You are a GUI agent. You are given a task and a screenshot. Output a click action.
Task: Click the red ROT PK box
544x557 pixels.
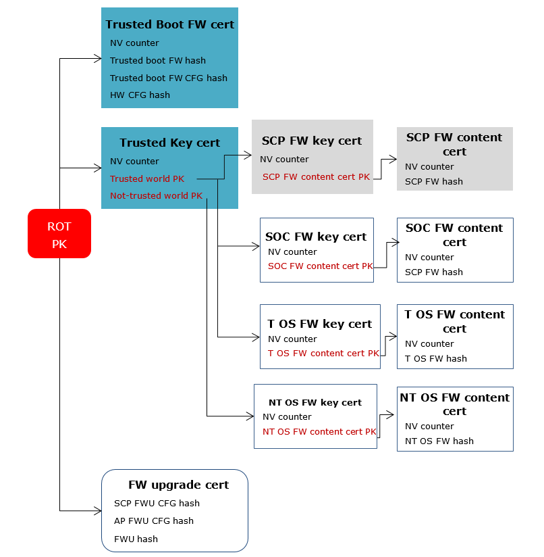click(59, 234)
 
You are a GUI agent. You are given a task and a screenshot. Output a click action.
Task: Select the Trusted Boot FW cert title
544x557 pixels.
click(169, 24)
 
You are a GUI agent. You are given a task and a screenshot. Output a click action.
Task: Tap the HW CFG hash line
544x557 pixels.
click(140, 95)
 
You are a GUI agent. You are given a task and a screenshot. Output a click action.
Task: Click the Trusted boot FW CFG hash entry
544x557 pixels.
click(169, 78)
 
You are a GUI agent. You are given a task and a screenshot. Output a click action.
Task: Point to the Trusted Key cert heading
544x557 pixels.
click(169, 143)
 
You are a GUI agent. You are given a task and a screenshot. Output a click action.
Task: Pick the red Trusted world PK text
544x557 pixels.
click(147, 179)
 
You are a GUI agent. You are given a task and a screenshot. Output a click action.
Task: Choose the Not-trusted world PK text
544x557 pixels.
click(156, 196)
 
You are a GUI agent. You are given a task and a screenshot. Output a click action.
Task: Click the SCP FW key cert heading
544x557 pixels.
click(312, 141)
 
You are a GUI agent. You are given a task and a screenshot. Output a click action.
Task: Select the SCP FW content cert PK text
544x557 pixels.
click(316, 177)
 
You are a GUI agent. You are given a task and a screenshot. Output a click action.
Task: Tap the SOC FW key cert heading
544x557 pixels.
click(316, 237)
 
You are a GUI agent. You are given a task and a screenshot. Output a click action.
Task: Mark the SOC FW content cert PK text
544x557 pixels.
click(320, 266)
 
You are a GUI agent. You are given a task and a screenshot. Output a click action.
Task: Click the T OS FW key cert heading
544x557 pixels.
click(320, 324)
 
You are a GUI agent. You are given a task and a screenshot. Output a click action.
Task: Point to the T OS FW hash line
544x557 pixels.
click(435, 359)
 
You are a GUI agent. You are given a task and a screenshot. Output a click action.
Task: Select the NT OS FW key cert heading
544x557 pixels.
click(315, 402)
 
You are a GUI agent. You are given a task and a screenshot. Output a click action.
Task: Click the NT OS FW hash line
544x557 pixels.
click(439, 441)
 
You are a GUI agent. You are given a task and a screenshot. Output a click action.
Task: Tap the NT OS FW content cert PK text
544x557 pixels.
click(319, 432)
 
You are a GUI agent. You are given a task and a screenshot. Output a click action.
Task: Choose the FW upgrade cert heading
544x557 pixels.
click(178, 485)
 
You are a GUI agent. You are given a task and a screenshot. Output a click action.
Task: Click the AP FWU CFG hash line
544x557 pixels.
click(154, 521)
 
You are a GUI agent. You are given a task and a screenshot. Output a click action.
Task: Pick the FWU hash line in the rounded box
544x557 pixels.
click(136, 539)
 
